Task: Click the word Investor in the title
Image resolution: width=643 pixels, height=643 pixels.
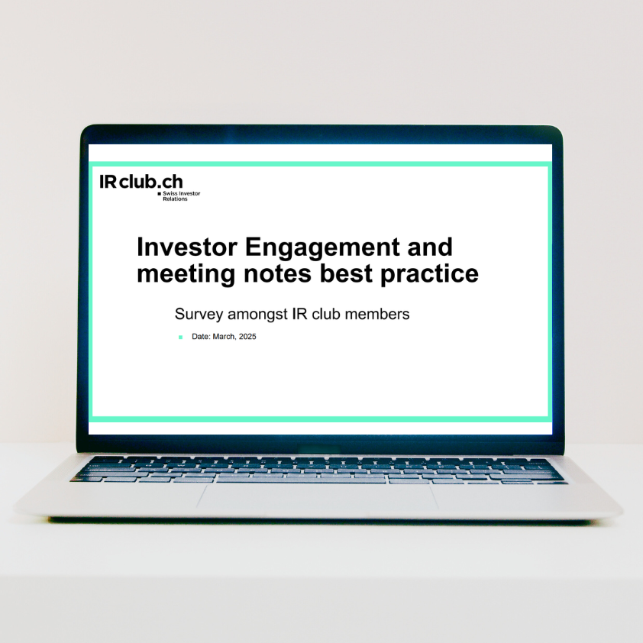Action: (x=184, y=247)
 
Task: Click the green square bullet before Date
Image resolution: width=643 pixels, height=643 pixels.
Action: (x=180, y=337)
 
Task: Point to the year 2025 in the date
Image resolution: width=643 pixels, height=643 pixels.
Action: (x=247, y=337)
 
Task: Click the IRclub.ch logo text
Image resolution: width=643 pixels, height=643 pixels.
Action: (x=141, y=182)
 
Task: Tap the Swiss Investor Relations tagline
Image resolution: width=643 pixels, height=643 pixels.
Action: (x=181, y=196)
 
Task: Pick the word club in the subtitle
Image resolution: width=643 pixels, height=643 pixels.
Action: (x=327, y=314)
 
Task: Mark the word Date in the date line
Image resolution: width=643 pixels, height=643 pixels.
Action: (x=200, y=337)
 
